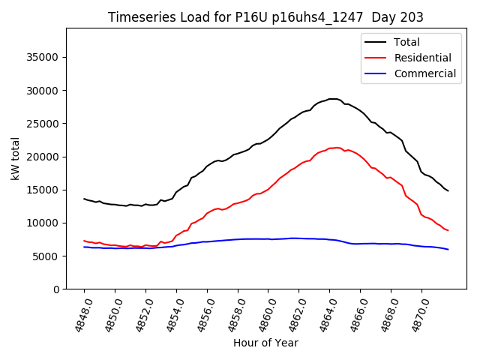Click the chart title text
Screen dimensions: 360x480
click(x=265, y=17)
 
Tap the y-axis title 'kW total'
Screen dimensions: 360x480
click(x=16, y=159)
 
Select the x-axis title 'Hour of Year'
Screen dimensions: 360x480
click(x=265, y=343)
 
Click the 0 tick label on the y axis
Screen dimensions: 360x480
click(x=55, y=289)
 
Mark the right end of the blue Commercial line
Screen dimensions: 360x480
click(x=448, y=249)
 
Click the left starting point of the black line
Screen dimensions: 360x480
click(x=84, y=199)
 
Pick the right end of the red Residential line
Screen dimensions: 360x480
click(x=448, y=230)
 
